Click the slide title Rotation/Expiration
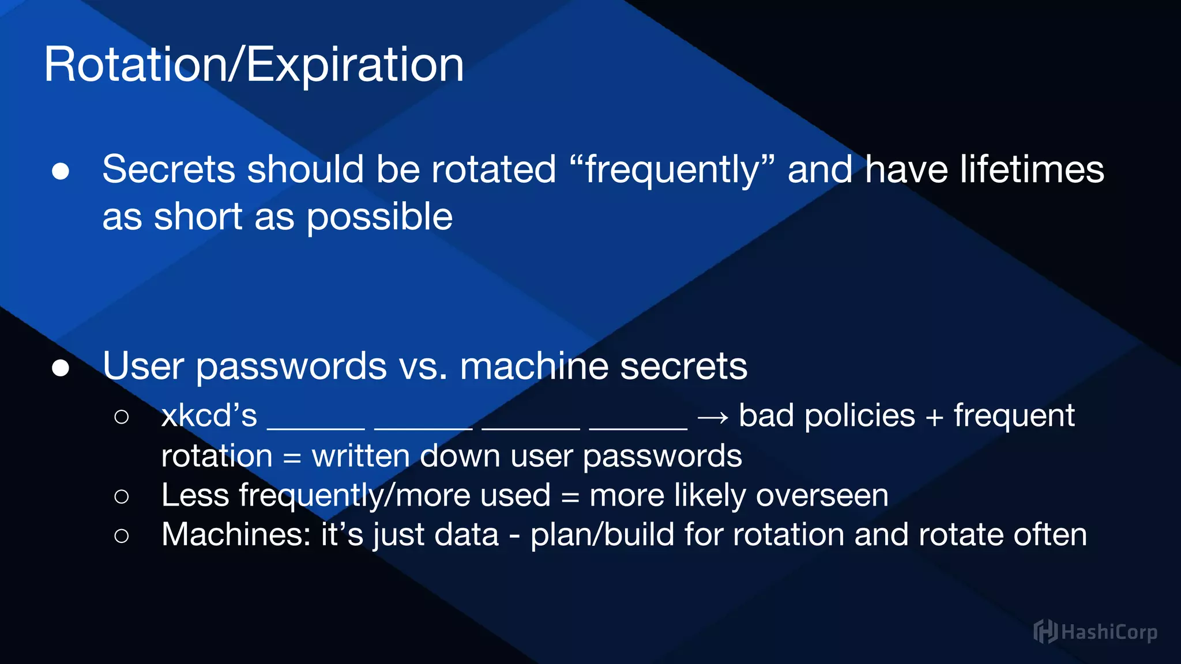coord(254,65)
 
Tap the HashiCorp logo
coord(1095,632)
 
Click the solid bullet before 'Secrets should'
coord(61,171)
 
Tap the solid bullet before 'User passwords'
coord(61,368)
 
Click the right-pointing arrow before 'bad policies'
coord(713,417)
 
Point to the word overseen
coord(822,496)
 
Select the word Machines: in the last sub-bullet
coord(236,534)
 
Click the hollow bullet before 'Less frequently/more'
coord(122,496)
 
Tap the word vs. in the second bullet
coord(423,367)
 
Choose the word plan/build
coord(602,535)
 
